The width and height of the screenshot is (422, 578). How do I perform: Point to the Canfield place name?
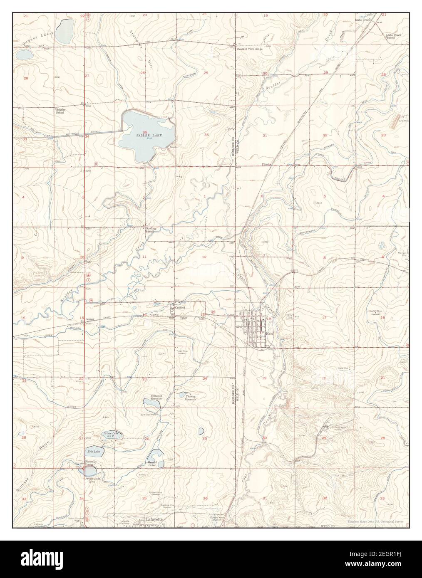point(179,308)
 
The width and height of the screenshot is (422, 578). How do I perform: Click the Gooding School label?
point(150,230)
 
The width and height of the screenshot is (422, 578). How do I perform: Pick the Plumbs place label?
point(266,165)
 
